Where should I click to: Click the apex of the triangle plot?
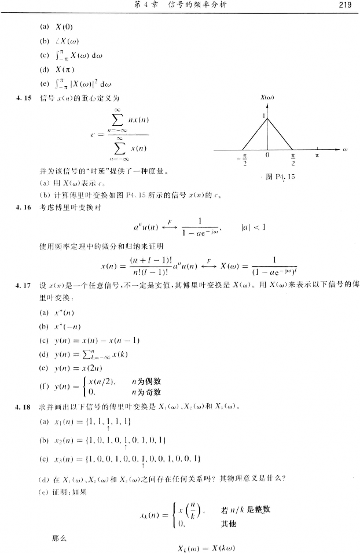[x=267, y=118]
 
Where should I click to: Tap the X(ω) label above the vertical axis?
[x=268, y=98]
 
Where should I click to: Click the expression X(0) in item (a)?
[x=64, y=27]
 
